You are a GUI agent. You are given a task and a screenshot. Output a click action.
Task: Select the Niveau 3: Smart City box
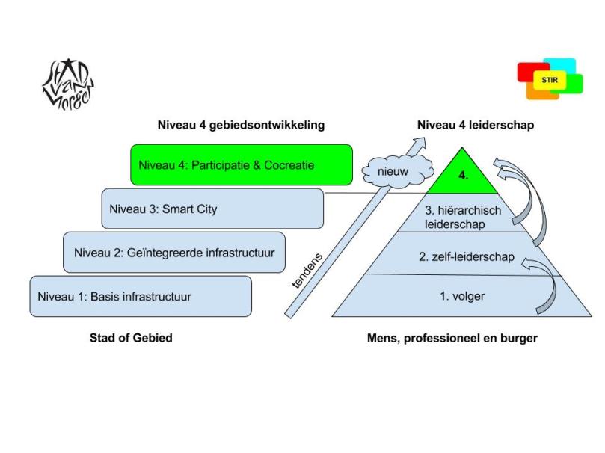(212, 209)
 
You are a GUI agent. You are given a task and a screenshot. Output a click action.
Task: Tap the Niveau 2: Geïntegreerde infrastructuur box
(174, 253)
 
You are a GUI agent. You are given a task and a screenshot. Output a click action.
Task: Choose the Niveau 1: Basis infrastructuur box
(141, 296)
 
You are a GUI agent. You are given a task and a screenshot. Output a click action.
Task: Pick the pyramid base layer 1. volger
(462, 296)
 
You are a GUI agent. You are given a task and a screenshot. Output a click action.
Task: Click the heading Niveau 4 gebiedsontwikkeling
(241, 126)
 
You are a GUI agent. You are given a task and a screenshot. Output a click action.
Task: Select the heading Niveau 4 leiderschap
(476, 126)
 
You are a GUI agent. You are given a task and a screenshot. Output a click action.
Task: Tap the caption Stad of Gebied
(131, 338)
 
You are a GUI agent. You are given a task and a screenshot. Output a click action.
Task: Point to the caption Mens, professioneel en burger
(452, 338)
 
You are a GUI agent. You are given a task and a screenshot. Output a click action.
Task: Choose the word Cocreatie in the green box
(288, 164)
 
